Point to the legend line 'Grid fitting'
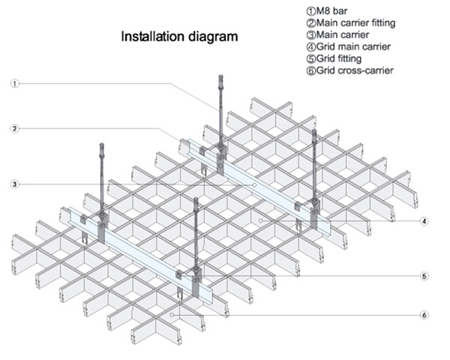point(337,59)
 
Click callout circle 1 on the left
point(14,84)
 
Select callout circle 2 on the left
point(14,128)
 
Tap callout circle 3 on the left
point(14,183)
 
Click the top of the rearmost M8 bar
point(220,77)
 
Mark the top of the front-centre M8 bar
point(196,200)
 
